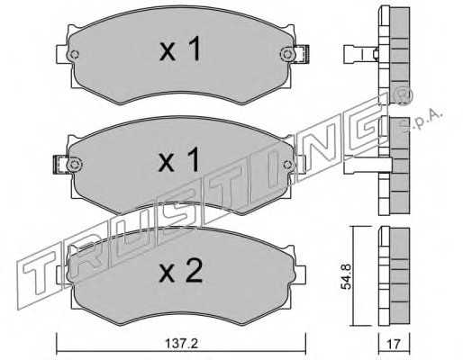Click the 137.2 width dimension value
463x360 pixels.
[x=182, y=344]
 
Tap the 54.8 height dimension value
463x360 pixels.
[x=346, y=276]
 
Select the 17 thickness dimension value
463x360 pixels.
[x=394, y=344]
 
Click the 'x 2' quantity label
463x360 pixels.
[x=181, y=271]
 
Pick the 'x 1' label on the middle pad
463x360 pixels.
[x=179, y=159]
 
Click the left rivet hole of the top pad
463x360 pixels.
[x=74, y=55]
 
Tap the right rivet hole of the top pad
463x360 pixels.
[x=287, y=54]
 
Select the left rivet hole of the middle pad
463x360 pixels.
[x=74, y=165]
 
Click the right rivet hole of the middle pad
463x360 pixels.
[x=287, y=164]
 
